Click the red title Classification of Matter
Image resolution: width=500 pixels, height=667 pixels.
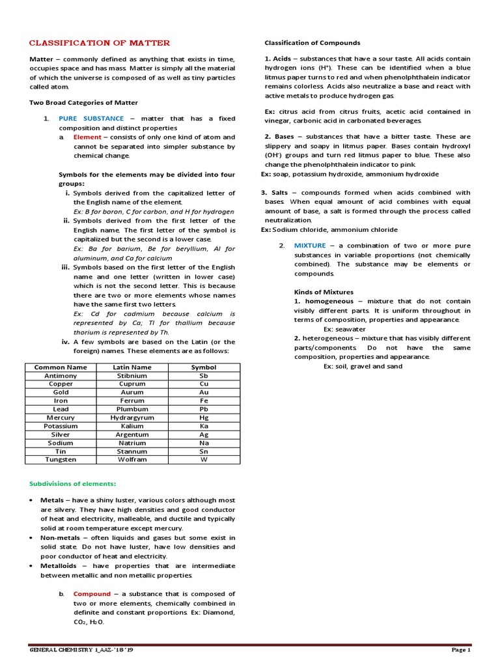(100, 43)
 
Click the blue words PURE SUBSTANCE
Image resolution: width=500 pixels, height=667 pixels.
(91, 119)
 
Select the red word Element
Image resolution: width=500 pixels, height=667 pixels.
(87, 137)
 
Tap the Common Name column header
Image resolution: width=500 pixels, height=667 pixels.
(61, 367)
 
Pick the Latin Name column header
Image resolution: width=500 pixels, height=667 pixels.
(132, 367)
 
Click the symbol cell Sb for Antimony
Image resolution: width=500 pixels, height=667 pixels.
(204, 376)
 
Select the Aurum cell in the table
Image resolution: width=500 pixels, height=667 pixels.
(132, 393)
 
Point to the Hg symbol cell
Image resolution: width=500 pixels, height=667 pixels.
(204, 418)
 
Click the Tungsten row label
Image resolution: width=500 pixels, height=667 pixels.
(61, 459)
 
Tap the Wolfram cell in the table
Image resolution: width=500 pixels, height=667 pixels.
(132, 459)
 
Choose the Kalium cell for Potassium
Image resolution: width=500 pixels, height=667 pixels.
(132, 426)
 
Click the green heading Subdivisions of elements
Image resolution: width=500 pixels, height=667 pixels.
(73, 483)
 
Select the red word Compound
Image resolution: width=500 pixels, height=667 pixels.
(92, 594)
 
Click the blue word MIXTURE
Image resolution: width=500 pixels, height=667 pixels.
(310, 245)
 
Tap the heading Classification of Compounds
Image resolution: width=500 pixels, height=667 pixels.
(312, 43)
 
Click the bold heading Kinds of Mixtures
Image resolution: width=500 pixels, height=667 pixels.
(324, 292)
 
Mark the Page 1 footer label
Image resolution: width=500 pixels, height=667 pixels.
(460, 650)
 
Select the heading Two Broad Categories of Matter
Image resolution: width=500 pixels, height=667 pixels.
(83, 102)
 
